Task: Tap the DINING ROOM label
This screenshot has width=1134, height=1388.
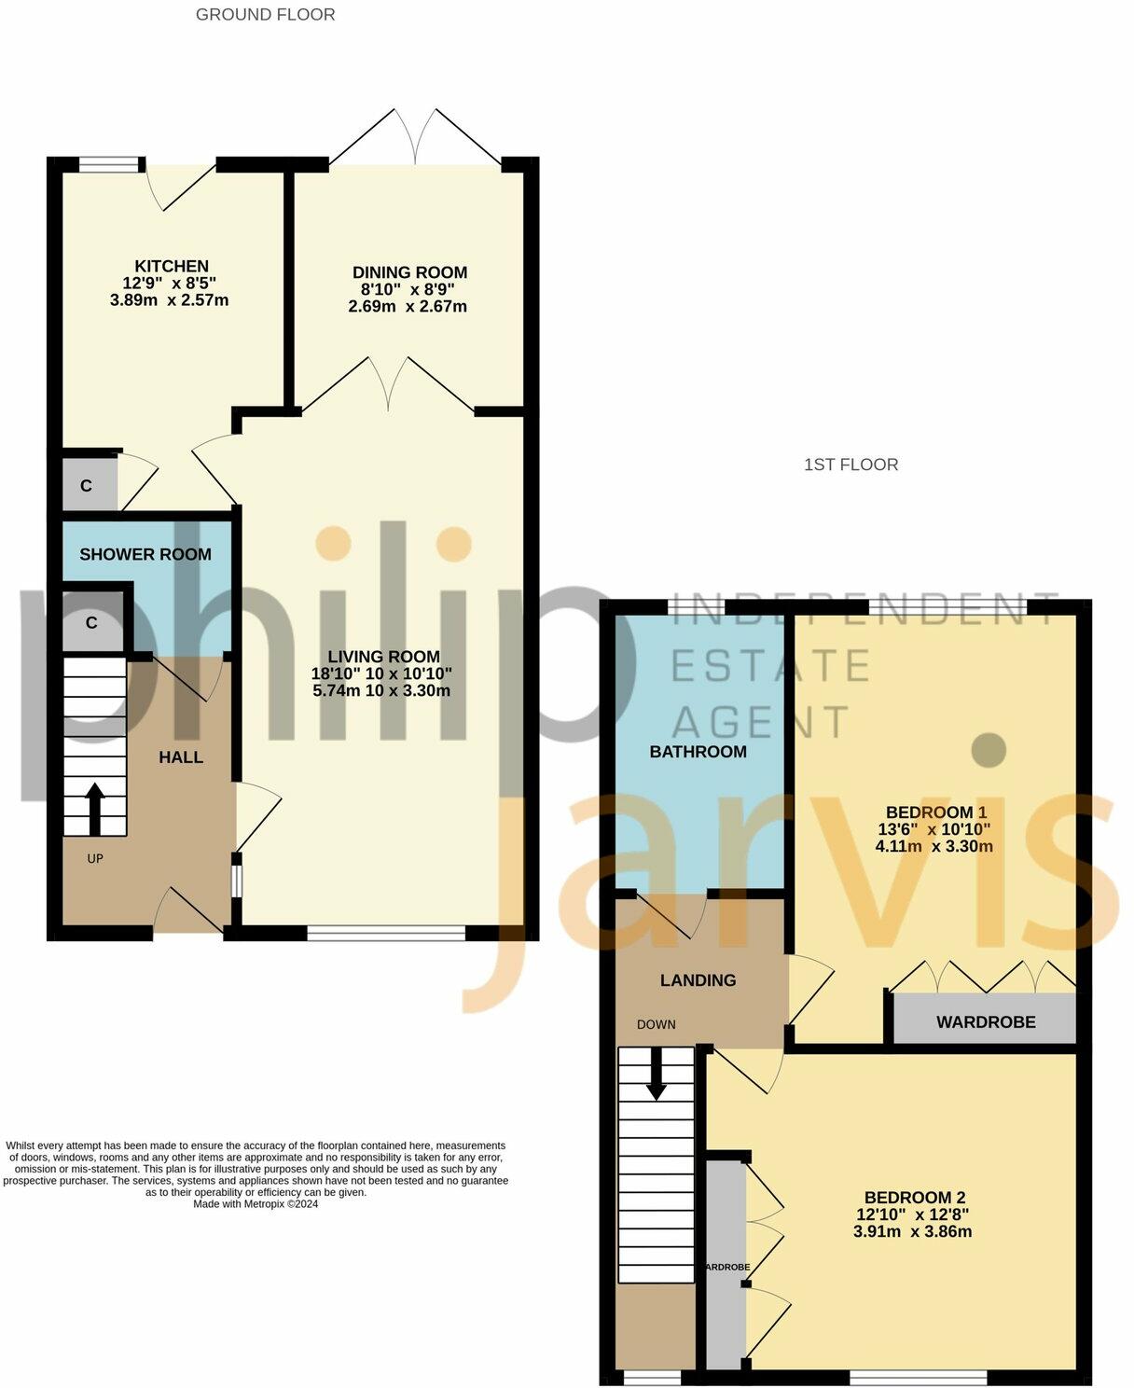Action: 409,272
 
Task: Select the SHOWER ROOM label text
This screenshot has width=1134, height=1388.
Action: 145,554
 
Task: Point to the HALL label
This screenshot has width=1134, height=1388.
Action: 181,757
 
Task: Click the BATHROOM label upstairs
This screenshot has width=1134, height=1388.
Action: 698,752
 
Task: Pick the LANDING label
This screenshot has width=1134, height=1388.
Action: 698,980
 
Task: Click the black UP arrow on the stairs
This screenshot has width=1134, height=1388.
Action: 95,808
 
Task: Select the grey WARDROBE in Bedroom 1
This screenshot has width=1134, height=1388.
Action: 985,1020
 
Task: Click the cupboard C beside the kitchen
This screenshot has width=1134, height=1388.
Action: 87,485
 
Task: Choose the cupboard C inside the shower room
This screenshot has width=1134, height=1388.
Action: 91,622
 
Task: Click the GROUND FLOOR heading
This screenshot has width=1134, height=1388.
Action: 265,15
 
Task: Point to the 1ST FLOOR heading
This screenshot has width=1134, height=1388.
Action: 850,465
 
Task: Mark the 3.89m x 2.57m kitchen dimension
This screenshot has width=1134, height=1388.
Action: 169,300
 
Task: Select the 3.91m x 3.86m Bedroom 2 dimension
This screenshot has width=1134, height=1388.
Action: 912,1231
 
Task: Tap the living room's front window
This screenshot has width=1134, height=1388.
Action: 386,932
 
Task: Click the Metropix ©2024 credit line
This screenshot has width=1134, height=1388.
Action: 256,1204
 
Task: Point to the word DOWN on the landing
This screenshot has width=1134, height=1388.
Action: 656,1024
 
